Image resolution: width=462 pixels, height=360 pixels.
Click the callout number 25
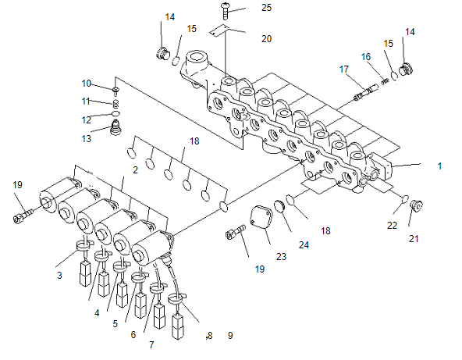pos(266,8)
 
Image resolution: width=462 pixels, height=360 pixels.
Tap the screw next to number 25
pos(225,11)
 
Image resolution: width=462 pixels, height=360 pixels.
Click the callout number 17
pos(344,70)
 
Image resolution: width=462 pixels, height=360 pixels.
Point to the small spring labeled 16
pos(385,81)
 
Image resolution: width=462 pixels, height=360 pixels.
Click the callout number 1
pos(439,166)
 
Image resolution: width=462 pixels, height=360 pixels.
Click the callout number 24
pos(304,245)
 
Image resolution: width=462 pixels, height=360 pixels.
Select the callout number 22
pos(392,226)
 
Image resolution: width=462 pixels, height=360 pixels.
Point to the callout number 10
pos(87,84)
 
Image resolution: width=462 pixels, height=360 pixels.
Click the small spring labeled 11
pos(117,104)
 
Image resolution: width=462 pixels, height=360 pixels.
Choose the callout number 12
pos(87,120)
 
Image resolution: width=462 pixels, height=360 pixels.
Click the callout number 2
pos(135,169)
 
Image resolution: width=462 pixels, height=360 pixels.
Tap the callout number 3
pos(59,276)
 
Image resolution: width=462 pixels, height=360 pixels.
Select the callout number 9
pos(230,335)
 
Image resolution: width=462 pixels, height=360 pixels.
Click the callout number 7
pos(151,344)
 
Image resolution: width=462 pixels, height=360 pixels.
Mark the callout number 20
pos(266,39)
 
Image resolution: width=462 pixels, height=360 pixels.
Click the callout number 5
pos(115,324)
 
